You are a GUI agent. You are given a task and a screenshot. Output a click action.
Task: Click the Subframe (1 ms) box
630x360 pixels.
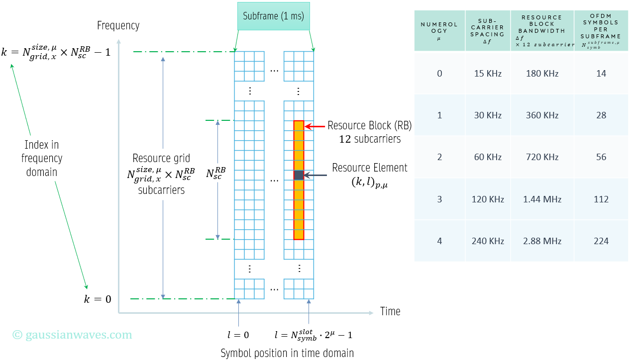point(273,16)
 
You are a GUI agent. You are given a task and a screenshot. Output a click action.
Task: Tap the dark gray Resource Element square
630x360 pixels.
point(299,175)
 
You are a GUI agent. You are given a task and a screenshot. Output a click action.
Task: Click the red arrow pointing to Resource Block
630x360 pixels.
point(315,126)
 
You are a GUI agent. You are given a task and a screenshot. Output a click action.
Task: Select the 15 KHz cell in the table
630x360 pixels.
point(488,74)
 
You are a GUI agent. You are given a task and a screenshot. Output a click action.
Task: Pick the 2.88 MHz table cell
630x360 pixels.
point(542,241)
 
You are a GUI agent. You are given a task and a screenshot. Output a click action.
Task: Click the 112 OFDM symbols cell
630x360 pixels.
point(601,199)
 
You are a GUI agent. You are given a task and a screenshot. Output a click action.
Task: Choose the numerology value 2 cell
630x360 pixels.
point(439,157)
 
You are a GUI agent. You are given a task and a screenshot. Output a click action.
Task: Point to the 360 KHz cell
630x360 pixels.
point(542,115)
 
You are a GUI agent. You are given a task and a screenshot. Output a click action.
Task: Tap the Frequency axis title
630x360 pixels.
point(118,25)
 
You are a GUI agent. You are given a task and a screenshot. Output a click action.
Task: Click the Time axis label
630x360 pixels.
point(390,311)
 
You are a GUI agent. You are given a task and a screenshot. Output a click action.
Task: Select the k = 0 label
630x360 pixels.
point(98,299)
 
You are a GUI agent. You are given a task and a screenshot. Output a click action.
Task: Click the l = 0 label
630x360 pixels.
point(237,335)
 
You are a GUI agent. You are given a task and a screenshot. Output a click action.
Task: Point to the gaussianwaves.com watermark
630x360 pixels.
point(73,335)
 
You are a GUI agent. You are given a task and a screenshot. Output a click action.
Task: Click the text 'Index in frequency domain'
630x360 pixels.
point(42,159)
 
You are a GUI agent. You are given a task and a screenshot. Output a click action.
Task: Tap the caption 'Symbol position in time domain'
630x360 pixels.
point(287,353)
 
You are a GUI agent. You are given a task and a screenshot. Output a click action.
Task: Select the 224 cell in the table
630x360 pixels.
point(601,241)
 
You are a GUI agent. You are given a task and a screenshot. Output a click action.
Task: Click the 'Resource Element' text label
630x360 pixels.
point(370,168)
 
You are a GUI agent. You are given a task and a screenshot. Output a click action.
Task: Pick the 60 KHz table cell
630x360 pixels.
point(488,157)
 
